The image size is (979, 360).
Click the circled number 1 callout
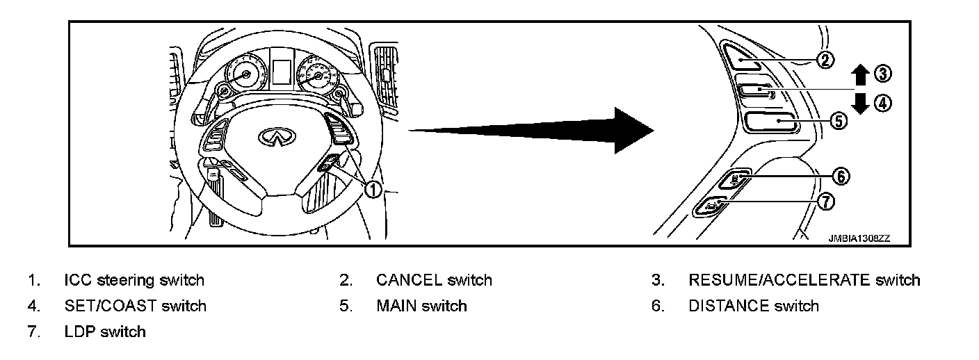pyautogui.click(x=374, y=189)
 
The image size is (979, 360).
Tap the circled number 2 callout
pyautogui.click(x=825, y=60)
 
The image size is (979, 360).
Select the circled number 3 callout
pyautogui.click(x=882, y=73)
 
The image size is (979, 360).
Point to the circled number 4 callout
pyautogui.click(x=882, y=104)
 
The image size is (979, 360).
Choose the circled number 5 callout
pyautogui.click(x=839, y=121)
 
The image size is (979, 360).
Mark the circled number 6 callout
pyautogui.click(x=841, y=177)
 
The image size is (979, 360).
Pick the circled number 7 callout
pyautogui.click(x=825, y=202)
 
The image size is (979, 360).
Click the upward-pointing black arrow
pyautogui.click(x=860, y=74)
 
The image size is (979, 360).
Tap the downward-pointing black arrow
pyautogui.click(x=860, y=103)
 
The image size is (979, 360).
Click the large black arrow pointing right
pyautogui.click(x=528, y=131)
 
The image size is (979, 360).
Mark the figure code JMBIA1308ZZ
pyautogui.click(x=859, y=238)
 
